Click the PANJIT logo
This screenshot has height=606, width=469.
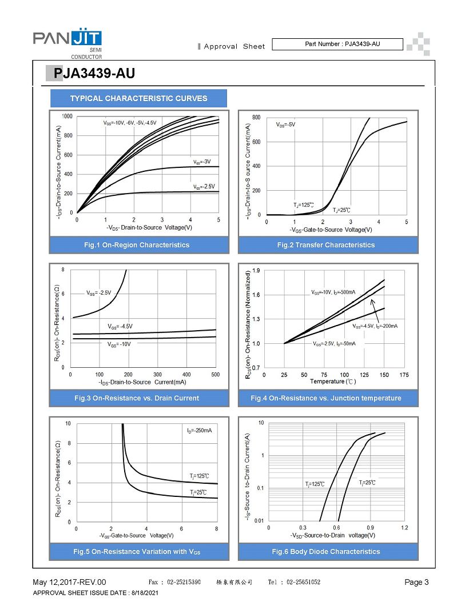point(67,40)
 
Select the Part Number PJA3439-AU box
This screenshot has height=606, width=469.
point(337,45)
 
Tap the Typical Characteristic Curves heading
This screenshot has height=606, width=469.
point(138,98)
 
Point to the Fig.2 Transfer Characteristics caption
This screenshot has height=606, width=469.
point(326,245)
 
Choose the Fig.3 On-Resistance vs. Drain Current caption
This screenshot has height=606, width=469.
point(138,398)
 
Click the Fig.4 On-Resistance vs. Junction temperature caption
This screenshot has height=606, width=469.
point(326,398)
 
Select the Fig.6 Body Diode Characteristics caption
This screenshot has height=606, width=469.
point(326,552)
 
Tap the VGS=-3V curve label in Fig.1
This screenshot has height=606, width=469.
point(202,162)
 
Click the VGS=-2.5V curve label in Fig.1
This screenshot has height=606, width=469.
point(203,187)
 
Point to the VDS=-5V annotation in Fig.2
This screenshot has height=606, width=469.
point(285,125)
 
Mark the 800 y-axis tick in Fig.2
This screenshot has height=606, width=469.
point(256,118)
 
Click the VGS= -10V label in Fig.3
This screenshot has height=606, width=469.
point(119,344)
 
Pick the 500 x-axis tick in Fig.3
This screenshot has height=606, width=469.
point(216,375)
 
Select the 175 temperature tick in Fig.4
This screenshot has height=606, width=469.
point(404,375)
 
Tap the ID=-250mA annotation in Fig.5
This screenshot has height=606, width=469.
point(200,430)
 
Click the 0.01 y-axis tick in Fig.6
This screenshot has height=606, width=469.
point(259,521)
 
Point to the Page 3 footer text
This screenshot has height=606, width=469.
point(416,583)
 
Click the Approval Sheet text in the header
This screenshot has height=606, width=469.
point(234,46)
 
